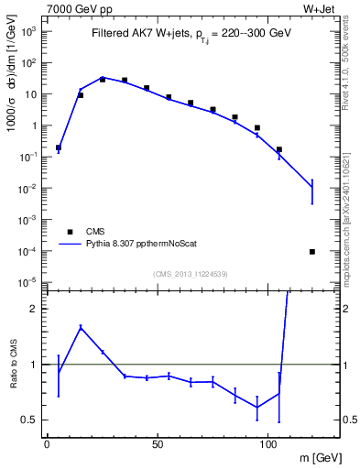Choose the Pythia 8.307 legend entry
click(x=134, y=245)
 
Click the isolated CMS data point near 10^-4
click(x=312, y=252)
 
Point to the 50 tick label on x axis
click(x=158, y=443)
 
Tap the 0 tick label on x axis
click(x=47, y=443)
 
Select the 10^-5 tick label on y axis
click(x=28, y=281)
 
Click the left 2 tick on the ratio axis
click(x=37, y=309)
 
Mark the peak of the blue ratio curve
click(x=81, y=327)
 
